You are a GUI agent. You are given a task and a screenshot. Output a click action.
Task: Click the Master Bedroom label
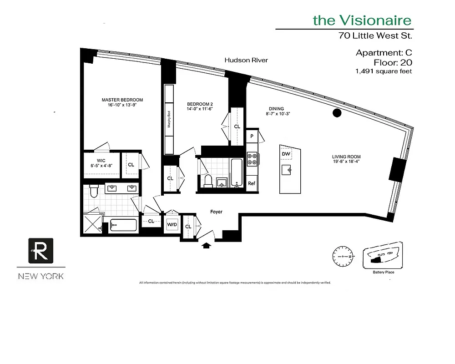[122, 100]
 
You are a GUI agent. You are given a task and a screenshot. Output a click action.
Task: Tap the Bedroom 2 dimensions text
[200, 109]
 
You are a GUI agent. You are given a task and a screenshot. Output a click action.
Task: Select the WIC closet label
[100, 160]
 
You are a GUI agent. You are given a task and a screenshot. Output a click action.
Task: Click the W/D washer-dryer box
[172, 225]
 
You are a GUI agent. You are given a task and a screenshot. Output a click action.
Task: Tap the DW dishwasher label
[286, 155]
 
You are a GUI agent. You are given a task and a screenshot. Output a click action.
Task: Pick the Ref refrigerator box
[252, 183]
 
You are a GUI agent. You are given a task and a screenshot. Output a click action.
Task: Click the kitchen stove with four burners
[252, 159]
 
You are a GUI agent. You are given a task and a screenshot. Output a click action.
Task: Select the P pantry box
[252, 136]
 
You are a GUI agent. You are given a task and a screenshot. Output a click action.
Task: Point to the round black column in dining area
[337, 113]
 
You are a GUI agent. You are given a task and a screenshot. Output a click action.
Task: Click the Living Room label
[346, 158]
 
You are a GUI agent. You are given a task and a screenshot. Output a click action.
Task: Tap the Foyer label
[216, 212]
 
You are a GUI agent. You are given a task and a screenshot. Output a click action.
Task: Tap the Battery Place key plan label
[383, 272]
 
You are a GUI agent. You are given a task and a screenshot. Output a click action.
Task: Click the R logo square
[41, 250]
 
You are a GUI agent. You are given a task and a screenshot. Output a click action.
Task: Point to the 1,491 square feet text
[384, 71]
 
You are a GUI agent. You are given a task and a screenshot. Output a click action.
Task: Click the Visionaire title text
[362, 20]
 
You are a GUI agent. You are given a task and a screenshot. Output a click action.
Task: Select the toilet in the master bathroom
[94, 191]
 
